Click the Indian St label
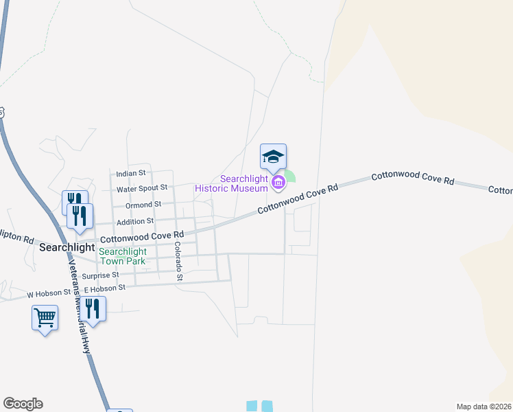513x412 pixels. point(131,174)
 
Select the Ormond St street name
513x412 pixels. point(143,205)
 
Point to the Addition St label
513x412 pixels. point(135,221)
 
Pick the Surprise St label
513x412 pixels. point(100,275)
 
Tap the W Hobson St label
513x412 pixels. point(49,293)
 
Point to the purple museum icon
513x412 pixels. point(278,182)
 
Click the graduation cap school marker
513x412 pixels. point(273,157)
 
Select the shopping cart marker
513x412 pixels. point(45,318)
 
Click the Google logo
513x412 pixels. point(23,404)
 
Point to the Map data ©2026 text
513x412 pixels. point(484,407)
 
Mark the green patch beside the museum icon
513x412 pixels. point(291,176)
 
